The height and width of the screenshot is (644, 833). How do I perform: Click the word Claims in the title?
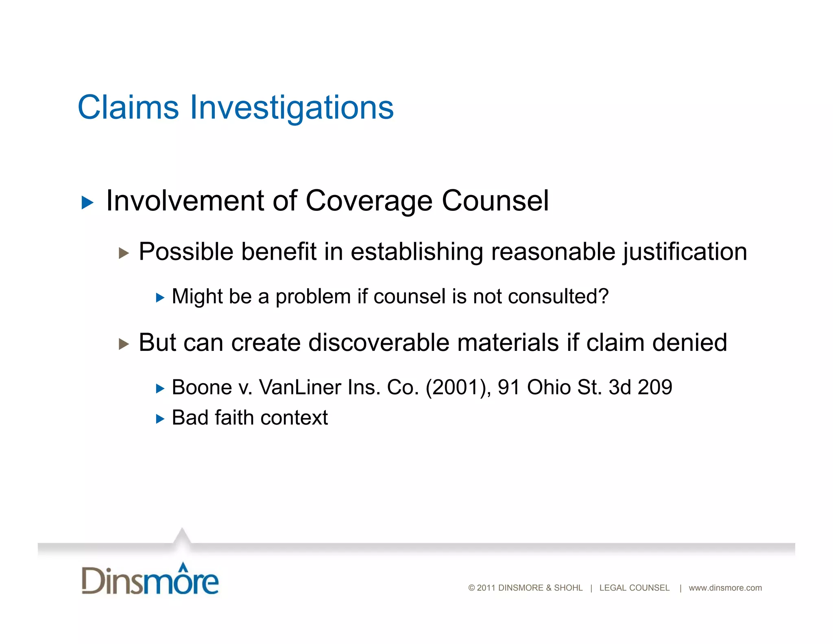tap(128, 107)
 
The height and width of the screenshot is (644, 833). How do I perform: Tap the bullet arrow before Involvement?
tap(87, 202)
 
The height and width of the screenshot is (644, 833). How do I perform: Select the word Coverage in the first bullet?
tap(369, 202)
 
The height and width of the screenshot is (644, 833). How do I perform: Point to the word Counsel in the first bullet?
tap(495, 201)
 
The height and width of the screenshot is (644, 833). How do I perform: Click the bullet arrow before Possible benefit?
tap(124, 253)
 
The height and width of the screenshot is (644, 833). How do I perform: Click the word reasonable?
tap(553, 252)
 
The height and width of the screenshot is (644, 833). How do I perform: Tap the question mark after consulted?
tap(604, 296)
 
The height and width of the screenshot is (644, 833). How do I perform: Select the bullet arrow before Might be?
tap(160, 298)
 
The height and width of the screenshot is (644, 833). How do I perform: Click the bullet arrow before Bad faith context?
tap(160, 419)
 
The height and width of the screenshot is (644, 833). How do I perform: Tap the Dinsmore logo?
tap(150, 579)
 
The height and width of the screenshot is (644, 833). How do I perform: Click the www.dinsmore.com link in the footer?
tap(725, 588)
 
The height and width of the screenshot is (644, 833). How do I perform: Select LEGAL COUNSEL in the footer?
tap(634, 588)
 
